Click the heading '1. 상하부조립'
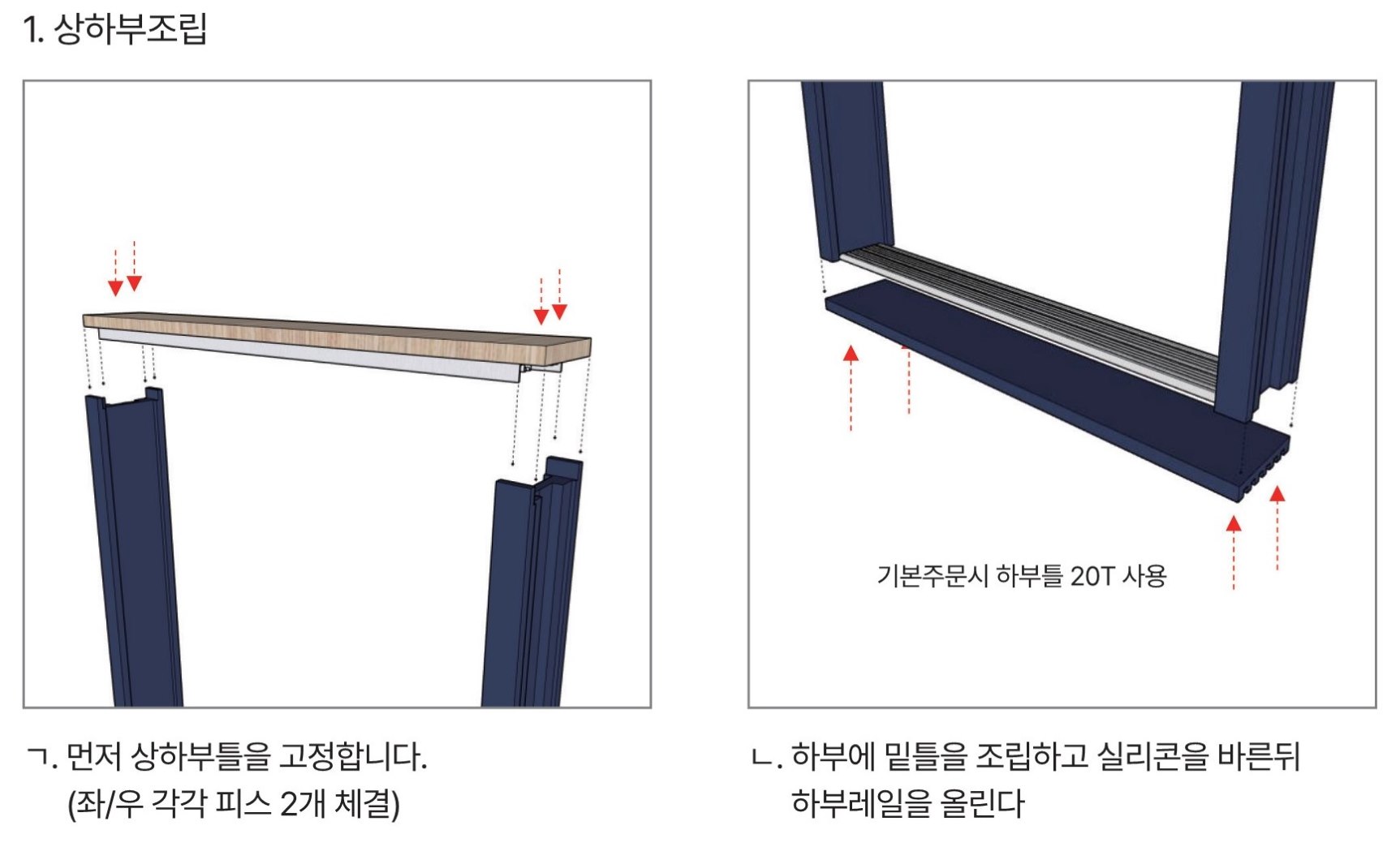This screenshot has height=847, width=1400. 115,28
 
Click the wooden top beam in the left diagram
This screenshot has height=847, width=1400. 337,334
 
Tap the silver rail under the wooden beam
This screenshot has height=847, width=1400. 325,355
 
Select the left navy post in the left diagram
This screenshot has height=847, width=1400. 135,548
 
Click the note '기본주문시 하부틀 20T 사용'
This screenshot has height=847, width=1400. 1022,576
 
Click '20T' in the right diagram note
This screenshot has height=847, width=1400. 1092,576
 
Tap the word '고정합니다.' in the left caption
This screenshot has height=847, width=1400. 353,757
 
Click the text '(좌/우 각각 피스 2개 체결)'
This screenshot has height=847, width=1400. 234,804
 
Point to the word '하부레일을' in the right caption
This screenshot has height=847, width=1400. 860,804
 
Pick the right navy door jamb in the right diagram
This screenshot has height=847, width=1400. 1274,243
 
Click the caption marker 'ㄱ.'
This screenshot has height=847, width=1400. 41,758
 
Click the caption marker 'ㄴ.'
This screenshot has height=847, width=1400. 767,759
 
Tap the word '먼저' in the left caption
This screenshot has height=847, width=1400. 93,757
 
